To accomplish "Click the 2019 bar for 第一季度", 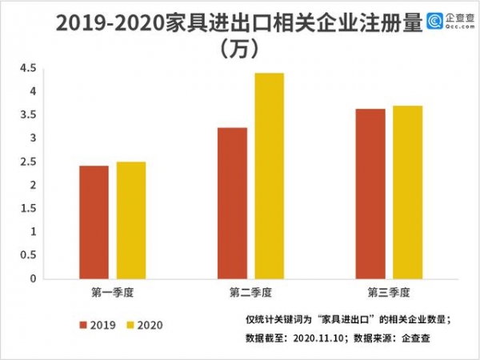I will tap(94, 222).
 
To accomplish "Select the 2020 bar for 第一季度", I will tap(131, 220).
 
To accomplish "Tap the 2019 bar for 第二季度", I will tap(232, 203).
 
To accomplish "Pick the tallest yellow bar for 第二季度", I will tap(270, 176).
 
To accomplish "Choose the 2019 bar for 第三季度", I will tap(370, 194).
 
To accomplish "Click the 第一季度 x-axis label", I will tap(112, 291).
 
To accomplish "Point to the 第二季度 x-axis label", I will tap(250, 291).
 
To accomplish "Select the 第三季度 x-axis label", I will tap(389, 291).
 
